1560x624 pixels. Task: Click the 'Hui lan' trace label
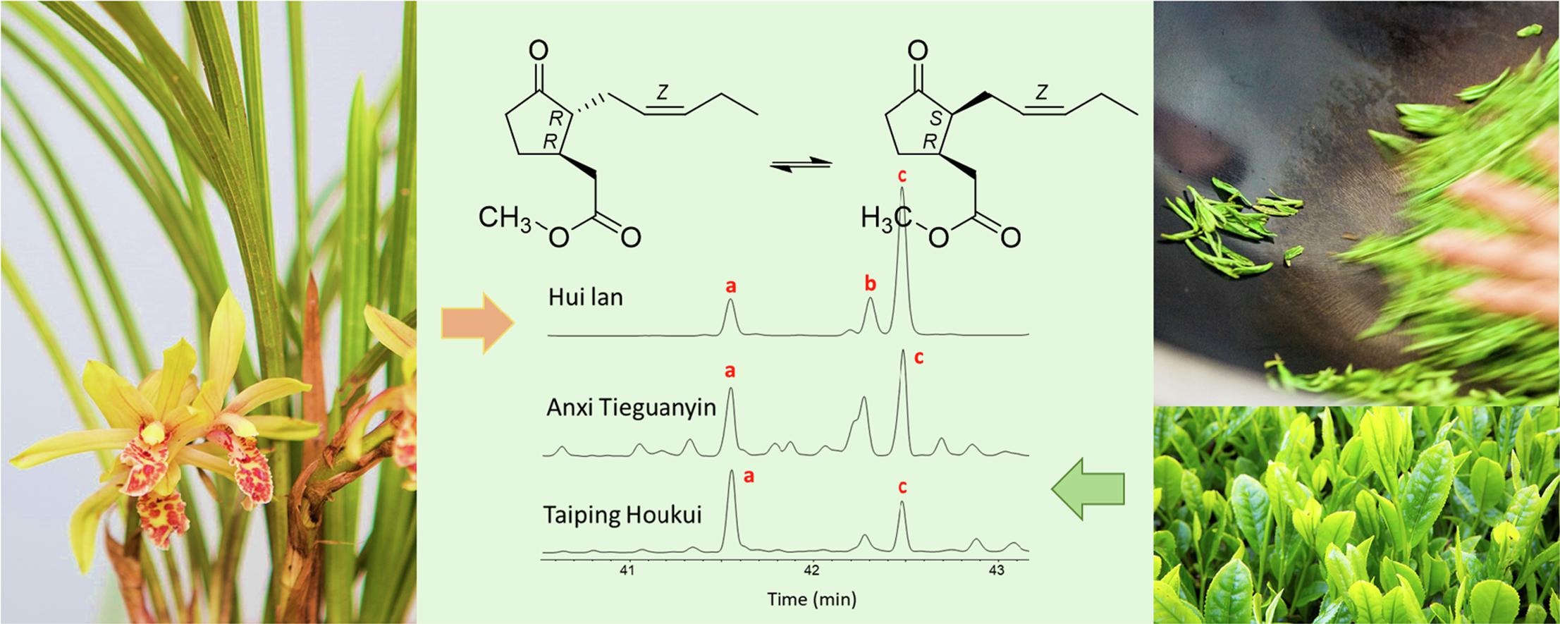tap(585, 297)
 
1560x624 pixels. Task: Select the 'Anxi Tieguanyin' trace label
tap(631, 408)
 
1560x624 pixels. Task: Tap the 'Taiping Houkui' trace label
tap(622, 515)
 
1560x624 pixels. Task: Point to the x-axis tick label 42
tap(812, 570)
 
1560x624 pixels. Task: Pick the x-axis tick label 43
tap(996, 570)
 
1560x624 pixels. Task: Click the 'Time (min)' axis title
tap(812, 599)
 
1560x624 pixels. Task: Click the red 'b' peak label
tap(871, 283)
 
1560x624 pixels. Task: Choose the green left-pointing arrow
tap(1088, 488)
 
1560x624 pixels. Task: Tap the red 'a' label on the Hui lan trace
tap(731, 286)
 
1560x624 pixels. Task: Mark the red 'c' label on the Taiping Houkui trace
tap(902, 486)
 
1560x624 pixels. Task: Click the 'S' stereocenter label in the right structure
tap(935, 119)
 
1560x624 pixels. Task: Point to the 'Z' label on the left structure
tap(662, 92)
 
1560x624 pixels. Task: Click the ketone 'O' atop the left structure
tap(538, 50)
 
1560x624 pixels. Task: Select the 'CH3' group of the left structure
tap(505, 219)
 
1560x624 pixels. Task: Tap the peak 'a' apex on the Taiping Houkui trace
tap(730, 472)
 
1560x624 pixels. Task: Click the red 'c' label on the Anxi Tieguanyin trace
tap(919, 358)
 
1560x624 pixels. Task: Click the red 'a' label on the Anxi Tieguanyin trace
tap(730, 370)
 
